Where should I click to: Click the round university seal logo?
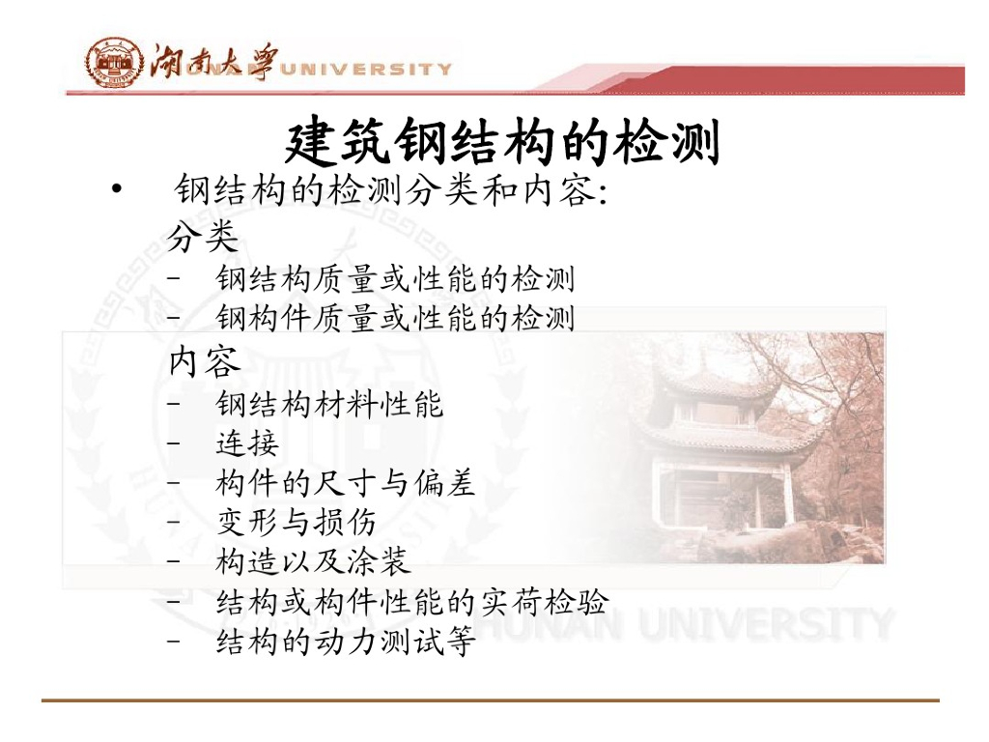pyautogui.click(x=114, y=62)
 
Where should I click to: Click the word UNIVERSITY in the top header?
pyautogui.click(x=366, y=69)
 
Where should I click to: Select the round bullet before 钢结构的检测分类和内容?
pyautogui.click(x=116, y=188)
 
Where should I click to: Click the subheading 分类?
pyautogui.click(x=203, y=237)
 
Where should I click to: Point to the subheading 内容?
pyautogui.click(x=205, y=361)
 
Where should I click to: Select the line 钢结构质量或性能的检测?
pyautogui.click(x=395, y=279)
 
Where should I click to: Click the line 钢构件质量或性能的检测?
pyautogui.click(x=395, y=317)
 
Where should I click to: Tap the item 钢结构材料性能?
pyautogui.click(x=330, y=404)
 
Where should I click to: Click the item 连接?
pyautogui.click(x=247, y=442)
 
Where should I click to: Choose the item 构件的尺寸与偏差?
pyautogui.click(x=345, y=483)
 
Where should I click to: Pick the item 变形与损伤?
pyautogui.click(x=297, y=522)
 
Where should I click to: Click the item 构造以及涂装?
pyautogui.click(x=313, y=561)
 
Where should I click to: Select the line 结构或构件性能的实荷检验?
pyautogui.click(x=412, y=601)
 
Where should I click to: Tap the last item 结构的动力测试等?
pyautogui.click(x=345, y=642)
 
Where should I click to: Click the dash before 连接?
pyautogui.click(x=174, y=442)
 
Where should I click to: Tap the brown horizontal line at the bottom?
pyautogui.click(x=491, y=700)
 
